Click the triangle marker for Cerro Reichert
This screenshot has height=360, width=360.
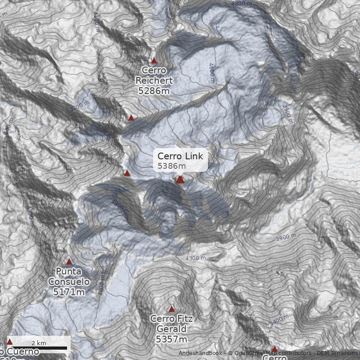(154, 61)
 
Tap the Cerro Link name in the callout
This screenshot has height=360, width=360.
(180, 156)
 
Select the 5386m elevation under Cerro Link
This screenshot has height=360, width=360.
(168, 166)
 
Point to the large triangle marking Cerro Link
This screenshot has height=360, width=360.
(180, 180)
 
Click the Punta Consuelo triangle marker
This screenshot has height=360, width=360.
(69, 262)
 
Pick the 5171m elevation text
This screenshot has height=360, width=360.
(69, 292)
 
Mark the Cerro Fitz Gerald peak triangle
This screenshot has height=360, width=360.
(171, 309)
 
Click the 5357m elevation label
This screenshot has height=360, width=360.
(171, 339)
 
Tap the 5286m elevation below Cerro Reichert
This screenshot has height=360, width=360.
(154, 90)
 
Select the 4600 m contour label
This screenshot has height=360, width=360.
(212, 72)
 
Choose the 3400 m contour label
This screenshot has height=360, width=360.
(279, 320)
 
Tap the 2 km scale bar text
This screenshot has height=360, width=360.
(39, 343)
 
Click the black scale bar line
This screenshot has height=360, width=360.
(39, 348)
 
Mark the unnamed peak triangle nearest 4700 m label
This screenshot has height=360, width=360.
(131, 118)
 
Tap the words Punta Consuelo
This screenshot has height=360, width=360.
(69, 277)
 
